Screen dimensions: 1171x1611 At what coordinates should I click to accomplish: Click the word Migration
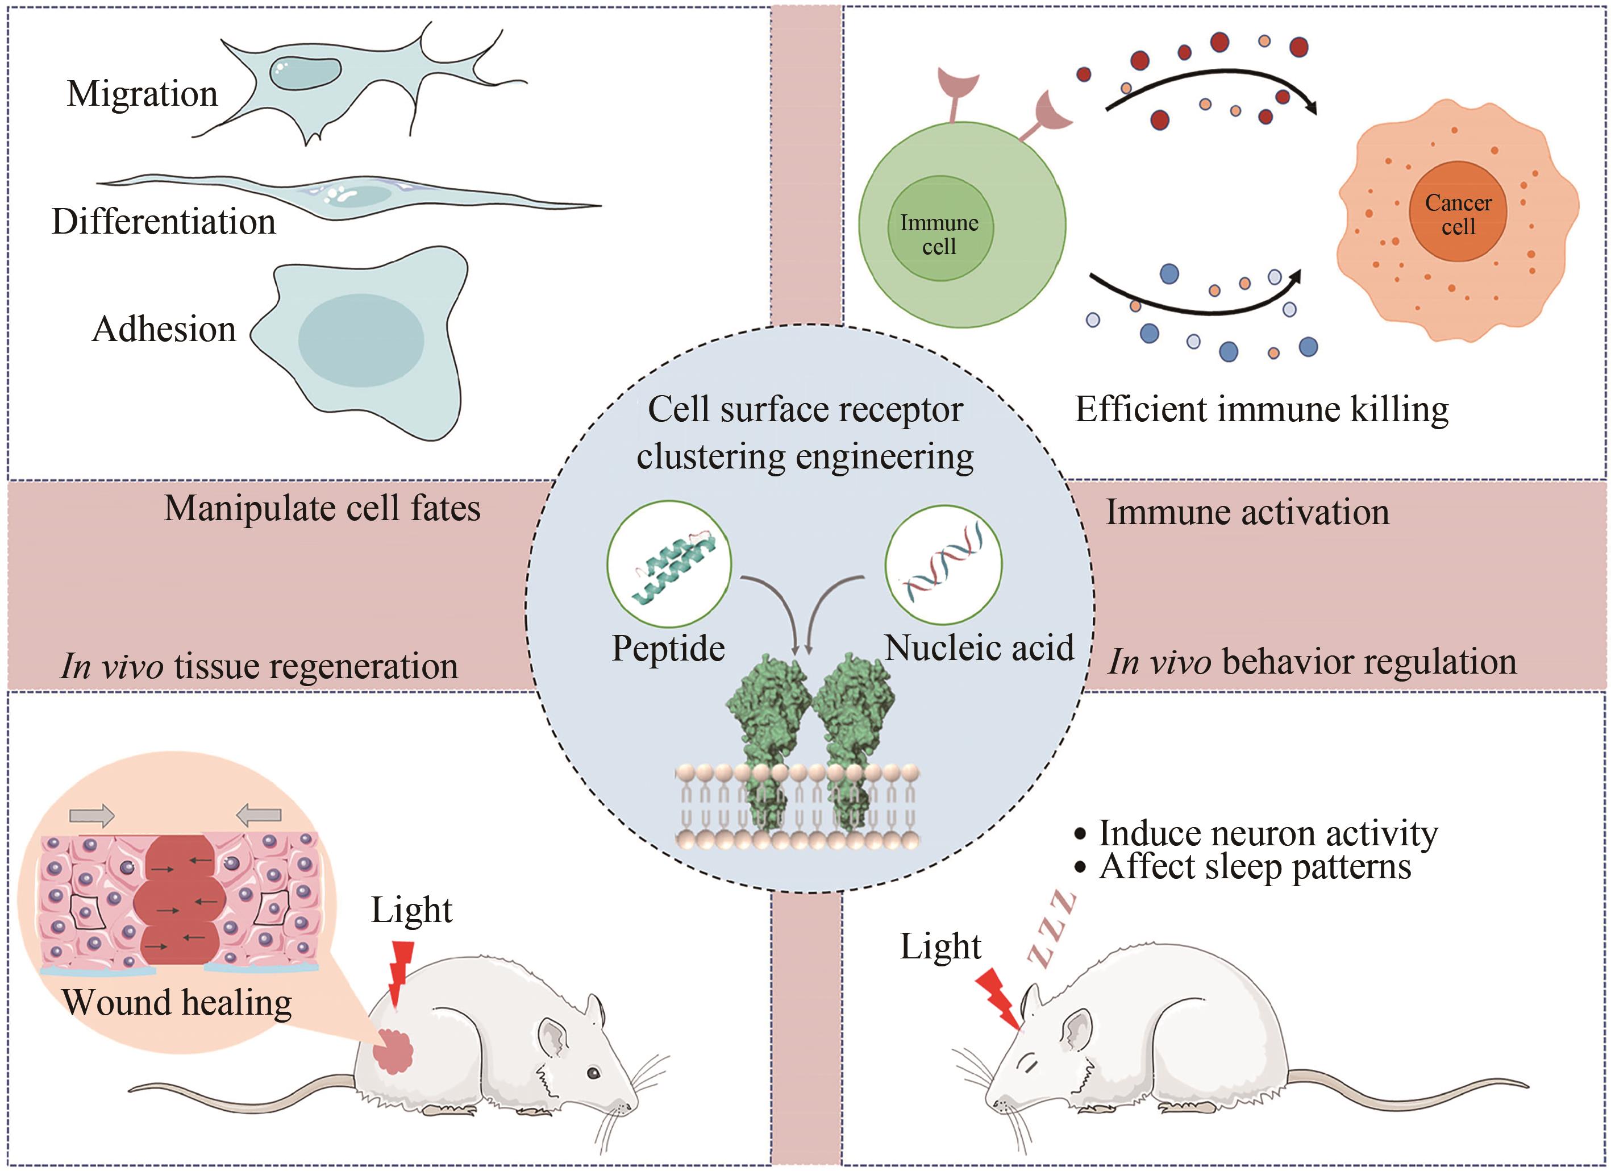pos(142,94)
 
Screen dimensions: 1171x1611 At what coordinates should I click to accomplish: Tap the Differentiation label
pos(164,222)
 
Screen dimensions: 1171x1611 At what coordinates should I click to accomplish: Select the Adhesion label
pos(164,330)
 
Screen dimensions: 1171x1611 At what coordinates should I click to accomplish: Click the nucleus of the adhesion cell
pos(361,340)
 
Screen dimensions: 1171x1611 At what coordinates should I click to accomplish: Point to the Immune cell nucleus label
pos(939,234)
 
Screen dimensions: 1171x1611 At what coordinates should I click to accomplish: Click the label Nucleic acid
pos(979,648)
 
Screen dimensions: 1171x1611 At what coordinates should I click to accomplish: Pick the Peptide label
pos(668,649)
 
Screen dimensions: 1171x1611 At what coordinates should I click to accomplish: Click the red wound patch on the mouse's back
pos(394,1050)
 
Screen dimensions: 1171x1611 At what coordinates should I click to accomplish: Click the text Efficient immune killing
pos(1262,410)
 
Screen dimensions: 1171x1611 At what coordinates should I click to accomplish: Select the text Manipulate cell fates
pos(323,509)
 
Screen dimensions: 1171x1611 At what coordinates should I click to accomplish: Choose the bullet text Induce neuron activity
pos(1268,833)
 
